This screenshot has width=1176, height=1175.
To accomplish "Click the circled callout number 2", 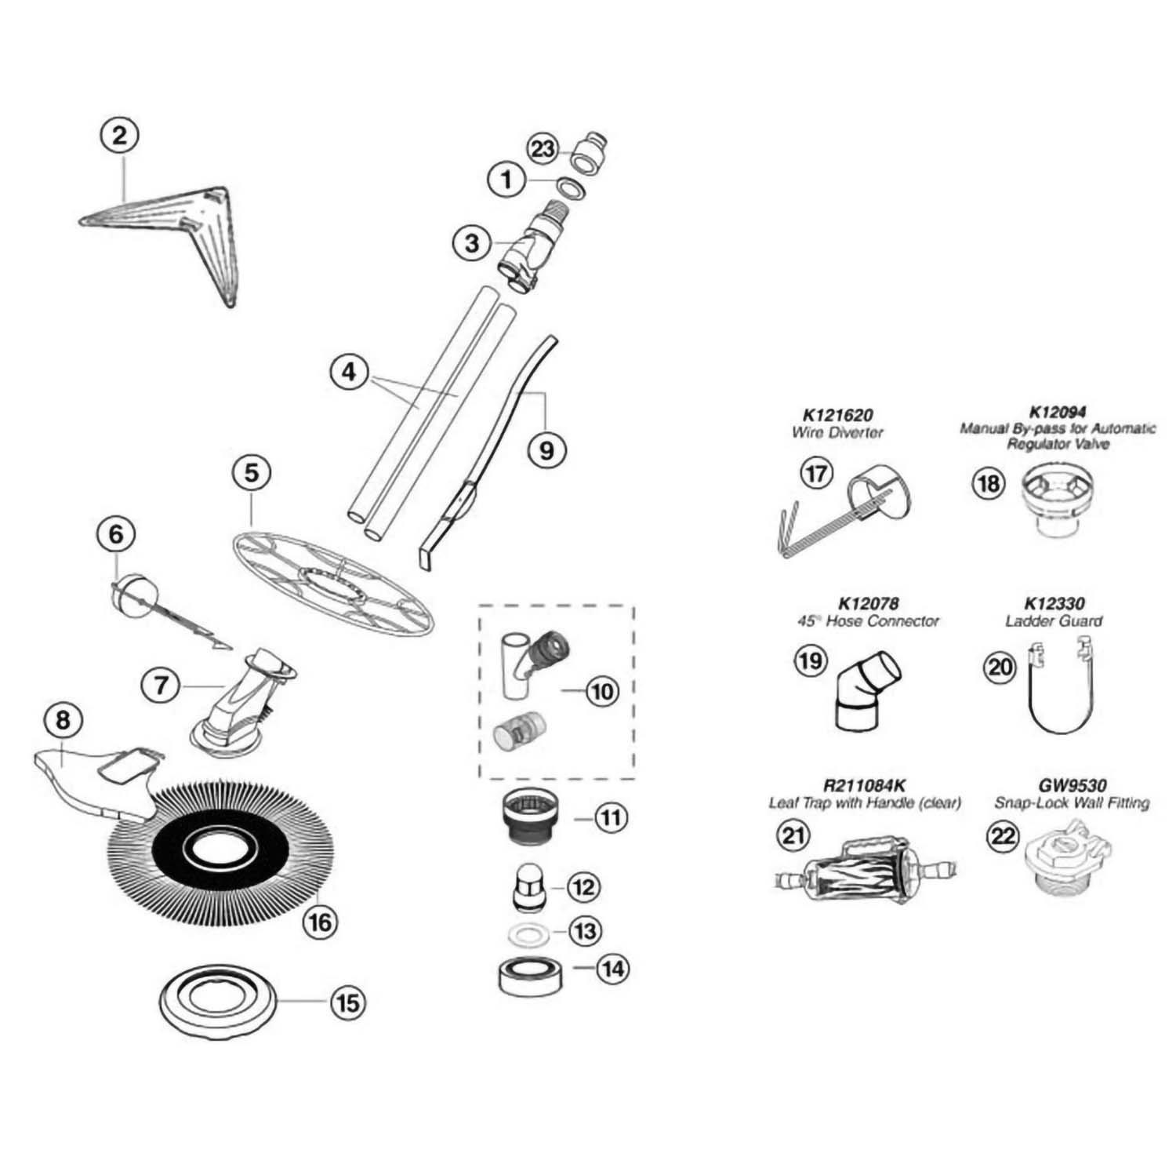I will point(119,136).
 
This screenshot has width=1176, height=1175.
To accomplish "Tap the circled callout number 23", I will point(543,149).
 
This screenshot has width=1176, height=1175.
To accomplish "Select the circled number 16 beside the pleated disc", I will point(321,922).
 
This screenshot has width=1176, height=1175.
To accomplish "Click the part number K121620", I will point(837,415).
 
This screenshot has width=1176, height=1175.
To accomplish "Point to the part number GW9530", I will point(1072,785).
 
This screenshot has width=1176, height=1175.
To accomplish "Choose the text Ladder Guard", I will point(1054,621).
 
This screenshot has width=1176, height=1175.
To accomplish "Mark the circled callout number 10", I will point(602,692).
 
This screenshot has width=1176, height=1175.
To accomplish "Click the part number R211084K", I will point(865,785).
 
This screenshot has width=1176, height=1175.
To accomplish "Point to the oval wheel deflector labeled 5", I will point(333,580).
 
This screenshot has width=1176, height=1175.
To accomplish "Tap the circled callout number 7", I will point(161,686).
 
